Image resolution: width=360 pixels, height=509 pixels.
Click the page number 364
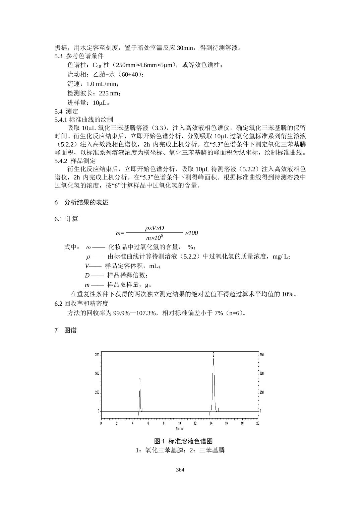180,470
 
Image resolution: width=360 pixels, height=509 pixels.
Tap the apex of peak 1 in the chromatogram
140,386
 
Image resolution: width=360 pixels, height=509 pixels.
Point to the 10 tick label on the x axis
179,423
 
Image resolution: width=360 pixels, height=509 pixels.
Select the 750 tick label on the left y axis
97,355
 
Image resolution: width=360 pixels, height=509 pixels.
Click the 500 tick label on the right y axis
262,373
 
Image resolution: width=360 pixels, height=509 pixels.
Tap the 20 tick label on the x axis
257,423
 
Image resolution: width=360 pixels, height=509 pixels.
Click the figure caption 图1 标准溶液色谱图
183,441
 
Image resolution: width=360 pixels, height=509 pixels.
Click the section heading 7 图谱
66,331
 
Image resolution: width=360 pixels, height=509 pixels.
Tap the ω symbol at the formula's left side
118,233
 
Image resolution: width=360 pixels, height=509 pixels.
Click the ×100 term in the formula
191,233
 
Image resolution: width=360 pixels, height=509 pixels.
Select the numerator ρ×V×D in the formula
155,228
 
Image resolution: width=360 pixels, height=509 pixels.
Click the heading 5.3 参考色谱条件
79,56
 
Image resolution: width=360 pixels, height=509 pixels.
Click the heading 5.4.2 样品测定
75,161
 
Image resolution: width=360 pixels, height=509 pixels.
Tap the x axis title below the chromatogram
179,429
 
